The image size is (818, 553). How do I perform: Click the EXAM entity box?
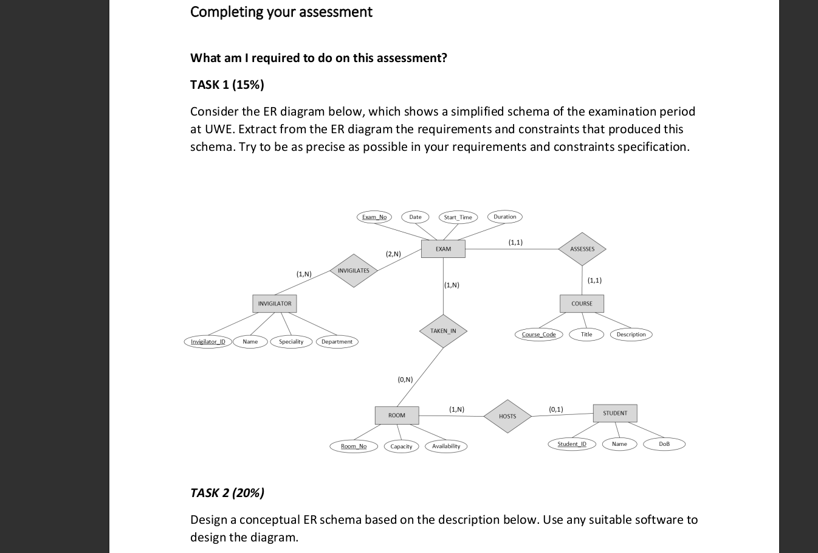(443, 249)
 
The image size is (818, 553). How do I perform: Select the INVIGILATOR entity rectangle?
(275, 304)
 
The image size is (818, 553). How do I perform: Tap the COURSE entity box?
(582, 304)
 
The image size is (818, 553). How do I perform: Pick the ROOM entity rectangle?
(397, 416)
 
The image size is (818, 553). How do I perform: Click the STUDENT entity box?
(615, 413)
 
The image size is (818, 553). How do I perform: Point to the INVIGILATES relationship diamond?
(353, 271)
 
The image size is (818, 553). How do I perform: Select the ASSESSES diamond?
(582, 249)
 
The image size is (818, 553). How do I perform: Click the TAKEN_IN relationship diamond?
(443, 331)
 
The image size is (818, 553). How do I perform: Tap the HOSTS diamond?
(507, 416)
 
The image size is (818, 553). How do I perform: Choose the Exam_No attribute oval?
(374, 217)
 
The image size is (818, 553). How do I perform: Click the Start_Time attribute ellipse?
(458, 217)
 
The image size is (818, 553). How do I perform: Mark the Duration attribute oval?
(504, 217)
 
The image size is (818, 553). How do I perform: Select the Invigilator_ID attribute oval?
(208, 342)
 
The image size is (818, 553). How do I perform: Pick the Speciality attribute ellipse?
(291, 342)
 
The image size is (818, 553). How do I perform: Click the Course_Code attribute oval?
(539, 335)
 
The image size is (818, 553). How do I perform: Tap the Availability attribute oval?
(446, 447)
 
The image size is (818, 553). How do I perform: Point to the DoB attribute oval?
(664, 444)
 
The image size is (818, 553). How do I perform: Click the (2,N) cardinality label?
(393, 254)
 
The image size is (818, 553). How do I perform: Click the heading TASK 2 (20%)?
(227, 493)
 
